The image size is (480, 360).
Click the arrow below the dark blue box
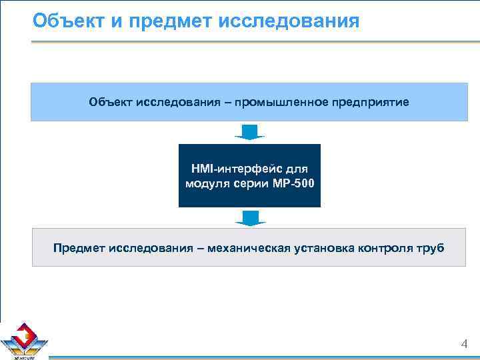tap(249, 217)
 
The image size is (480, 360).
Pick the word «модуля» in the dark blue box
tap(207, 183)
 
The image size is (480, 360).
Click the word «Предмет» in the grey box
tap(77, 249)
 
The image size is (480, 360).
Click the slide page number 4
tap(465, 344)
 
